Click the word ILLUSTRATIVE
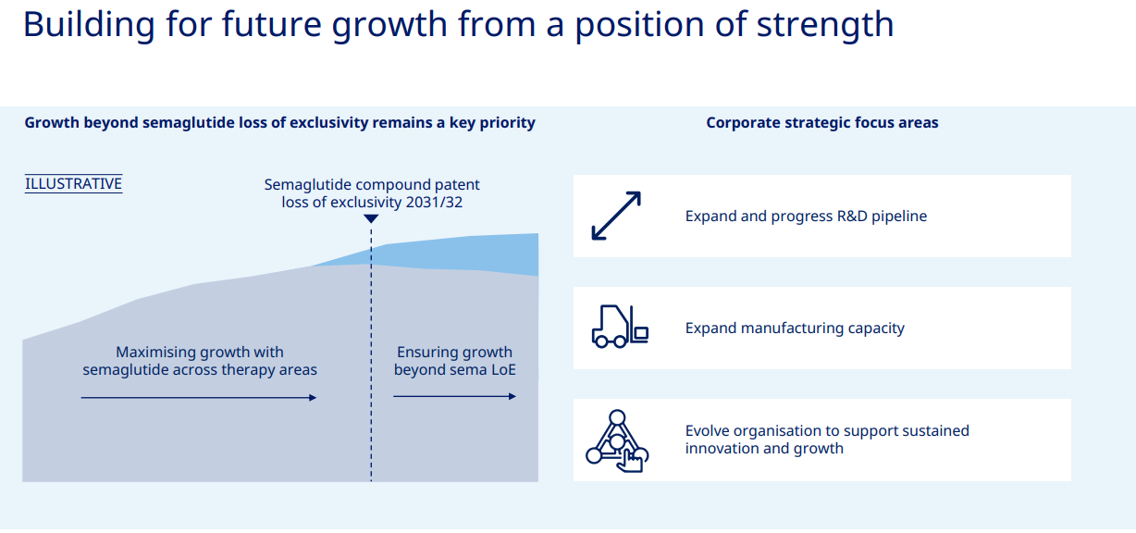point(73,183)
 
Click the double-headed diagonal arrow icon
point(616,216)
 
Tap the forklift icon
point(620,326)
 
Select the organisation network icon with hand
point(617,440)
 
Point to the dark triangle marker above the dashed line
point(371,218)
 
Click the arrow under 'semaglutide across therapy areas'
point(199,398)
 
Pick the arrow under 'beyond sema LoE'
point(455,396)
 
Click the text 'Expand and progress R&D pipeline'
point(806,216)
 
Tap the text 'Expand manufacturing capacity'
point(795,328)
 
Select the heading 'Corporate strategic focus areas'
point(822,123)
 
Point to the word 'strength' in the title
point(824,24)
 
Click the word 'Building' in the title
point(89,24)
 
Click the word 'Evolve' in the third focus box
point(707,430)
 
